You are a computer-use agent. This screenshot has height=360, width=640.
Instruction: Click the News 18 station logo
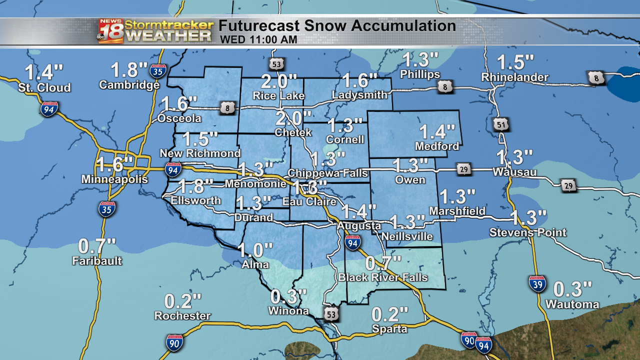110,31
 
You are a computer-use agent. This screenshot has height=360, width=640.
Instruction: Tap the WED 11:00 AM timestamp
258,39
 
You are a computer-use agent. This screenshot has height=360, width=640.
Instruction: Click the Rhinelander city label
514,77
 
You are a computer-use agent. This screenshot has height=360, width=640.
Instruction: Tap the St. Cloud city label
44,88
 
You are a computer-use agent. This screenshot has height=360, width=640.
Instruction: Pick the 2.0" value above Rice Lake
279,80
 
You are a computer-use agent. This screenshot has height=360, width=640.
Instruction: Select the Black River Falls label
383,277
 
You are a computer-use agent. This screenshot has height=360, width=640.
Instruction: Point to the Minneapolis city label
114,179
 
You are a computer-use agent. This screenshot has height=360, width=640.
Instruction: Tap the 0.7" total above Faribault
97,246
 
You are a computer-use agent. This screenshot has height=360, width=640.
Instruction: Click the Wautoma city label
572,304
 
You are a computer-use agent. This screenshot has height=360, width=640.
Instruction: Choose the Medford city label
437,146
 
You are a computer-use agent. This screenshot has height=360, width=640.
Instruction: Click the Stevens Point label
527,232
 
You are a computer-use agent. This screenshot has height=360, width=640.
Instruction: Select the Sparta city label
389,329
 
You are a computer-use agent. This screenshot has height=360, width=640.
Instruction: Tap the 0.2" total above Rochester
183,301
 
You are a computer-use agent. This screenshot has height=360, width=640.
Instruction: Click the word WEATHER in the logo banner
168,35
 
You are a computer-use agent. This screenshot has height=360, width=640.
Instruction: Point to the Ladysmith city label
359,95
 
